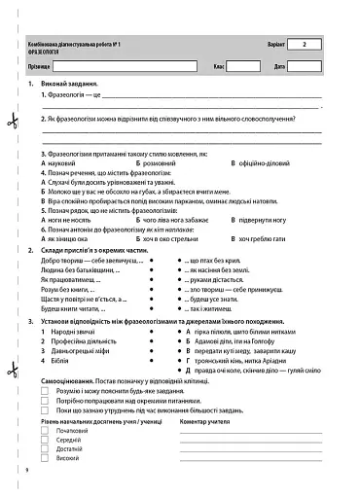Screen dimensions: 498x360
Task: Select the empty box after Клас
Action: (244, 67)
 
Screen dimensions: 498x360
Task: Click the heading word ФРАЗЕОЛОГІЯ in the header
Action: (50, 53)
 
